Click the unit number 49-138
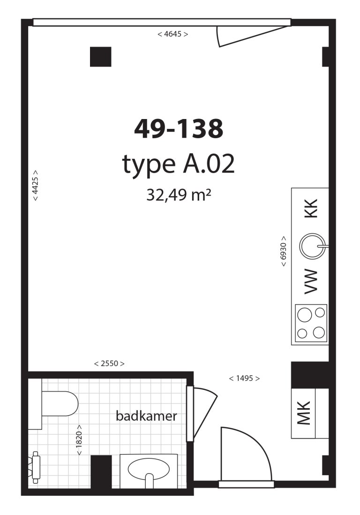click(179, 129)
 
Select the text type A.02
click(178, 164)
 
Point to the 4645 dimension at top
click(173, 34)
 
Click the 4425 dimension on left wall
click(35, 186)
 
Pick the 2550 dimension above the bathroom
click(109, 364)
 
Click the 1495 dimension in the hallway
click(244, 378)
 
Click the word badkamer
click(147, 416)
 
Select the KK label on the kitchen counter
click(311, 208)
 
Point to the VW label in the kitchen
click(311, 282)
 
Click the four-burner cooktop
click(311, 322)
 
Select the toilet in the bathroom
click(59, 403)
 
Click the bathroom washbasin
click(149, 469)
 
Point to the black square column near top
click(100, 57)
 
